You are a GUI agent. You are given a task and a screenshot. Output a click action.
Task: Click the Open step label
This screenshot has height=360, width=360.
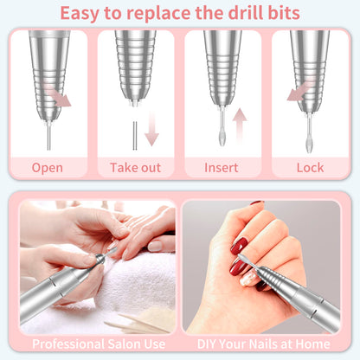pos(48,168)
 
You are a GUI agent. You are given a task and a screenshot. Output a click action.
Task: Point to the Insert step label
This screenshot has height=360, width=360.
pos(221,168)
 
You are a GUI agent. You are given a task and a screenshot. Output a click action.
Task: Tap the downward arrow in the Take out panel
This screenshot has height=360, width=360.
pos(151,132)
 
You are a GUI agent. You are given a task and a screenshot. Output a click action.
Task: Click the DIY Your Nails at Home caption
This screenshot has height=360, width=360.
pos(263,344)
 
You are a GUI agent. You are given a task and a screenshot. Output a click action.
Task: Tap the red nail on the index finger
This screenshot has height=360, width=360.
pos(239,245)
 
